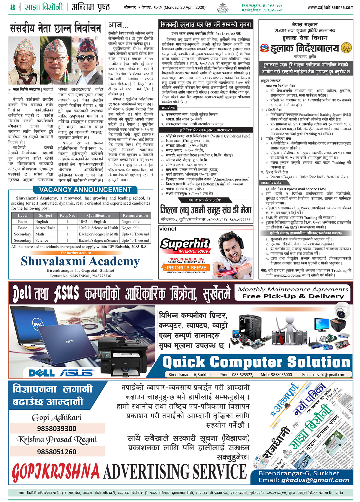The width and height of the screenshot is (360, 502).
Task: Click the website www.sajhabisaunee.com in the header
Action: tap(330, 7)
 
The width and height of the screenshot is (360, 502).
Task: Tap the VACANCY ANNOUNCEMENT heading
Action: tap(85, 190)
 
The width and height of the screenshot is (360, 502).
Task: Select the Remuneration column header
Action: tap(135, 215)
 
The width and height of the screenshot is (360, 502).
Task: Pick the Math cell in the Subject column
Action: tap(40, 234)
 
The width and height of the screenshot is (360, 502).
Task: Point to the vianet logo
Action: tap(168, 229)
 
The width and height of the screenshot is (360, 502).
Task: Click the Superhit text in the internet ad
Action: tap(184, 244)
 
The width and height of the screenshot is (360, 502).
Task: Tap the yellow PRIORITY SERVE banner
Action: tap(186, 268)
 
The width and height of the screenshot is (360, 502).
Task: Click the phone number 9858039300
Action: tap(57, 429)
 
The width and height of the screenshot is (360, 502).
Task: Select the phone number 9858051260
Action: tap(57, 452)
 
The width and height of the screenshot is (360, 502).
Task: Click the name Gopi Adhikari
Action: tap(56, 417)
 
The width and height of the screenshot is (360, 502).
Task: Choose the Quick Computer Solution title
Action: tap(256, 362)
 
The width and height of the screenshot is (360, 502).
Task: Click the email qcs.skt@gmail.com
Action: tap(323, 375)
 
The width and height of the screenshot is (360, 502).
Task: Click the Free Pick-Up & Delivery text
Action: tap(293, 296)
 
